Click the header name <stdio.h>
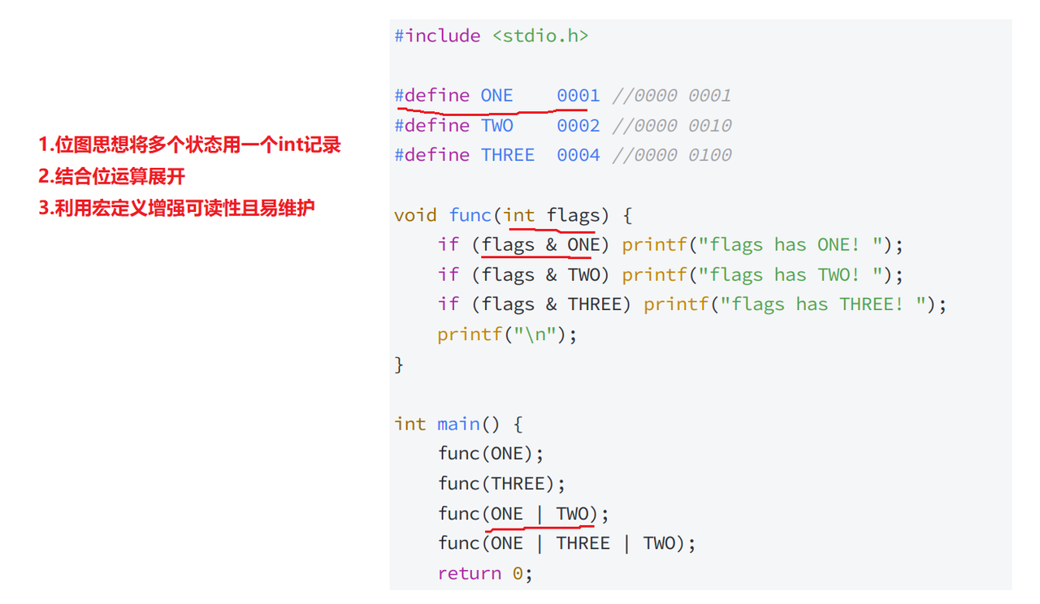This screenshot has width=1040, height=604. [x=540, y=36]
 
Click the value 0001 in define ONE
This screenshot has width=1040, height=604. [x=578, y=96]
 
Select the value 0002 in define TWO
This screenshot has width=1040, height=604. [x=578, y=126]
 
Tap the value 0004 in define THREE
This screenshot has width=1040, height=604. [x=578, y=155]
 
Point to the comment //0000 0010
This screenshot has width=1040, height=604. [x=672, y=126]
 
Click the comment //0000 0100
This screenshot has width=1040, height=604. [x=672, y=155]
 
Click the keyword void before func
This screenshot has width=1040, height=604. [x=415, y=215]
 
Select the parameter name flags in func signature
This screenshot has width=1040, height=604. [x=573, y=215]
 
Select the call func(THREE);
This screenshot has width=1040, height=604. [x=501, y=484]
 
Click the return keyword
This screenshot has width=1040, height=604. [x=469, y=573]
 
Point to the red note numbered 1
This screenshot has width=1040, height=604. [x=189, y=146]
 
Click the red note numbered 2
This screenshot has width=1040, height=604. [x=112, y=176]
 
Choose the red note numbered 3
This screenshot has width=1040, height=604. [x=176, y=208]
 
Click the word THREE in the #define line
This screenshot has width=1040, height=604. [x=508, y=155]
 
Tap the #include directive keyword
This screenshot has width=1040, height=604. [x=437, y=36]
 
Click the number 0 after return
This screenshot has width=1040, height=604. [x=518, y=573]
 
